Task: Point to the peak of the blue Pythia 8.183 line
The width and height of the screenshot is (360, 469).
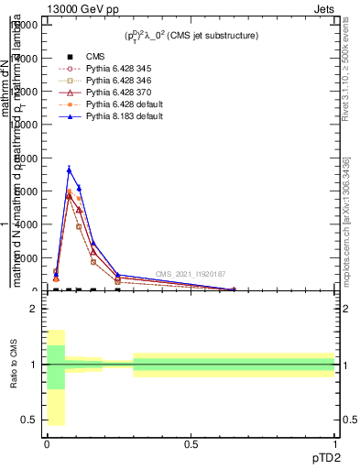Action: click(69, 169)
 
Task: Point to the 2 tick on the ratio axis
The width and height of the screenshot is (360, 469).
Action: click(34, 309)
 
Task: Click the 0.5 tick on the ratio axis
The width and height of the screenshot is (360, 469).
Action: click(29, 420)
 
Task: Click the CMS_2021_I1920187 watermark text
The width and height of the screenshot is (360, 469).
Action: click(190, 274)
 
